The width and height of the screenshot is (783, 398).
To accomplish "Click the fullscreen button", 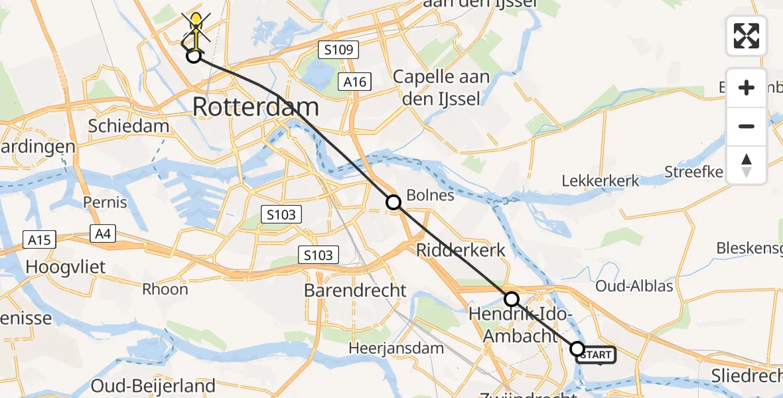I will click(747, 36).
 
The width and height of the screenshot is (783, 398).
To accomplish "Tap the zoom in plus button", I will click(747, 88).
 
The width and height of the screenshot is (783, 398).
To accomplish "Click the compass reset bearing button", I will click(747, 165).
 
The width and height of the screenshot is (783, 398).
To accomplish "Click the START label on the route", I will click(596, 356).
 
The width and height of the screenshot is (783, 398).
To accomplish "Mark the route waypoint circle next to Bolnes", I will click(393, 202).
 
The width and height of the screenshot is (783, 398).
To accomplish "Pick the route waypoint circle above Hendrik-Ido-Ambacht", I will click(511, 298).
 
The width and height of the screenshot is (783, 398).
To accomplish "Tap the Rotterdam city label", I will click(255, 107).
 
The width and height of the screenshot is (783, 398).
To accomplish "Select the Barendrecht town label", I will click(355, 290).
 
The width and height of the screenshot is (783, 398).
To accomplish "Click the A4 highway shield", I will click(103, 233).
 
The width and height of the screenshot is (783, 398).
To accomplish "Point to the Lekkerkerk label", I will click(601, 180).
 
